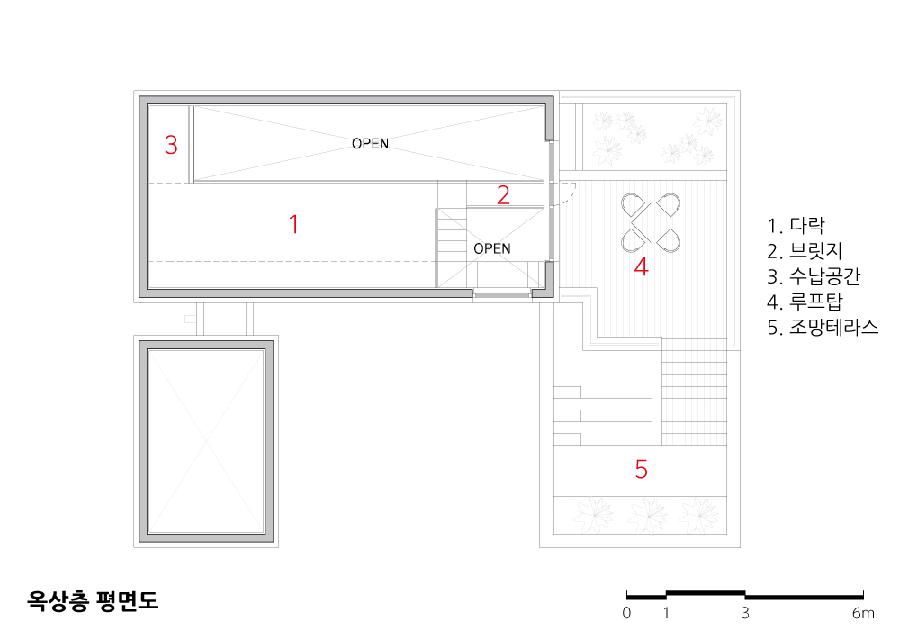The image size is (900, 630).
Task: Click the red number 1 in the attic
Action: pyautogui.click(x=294, y=224)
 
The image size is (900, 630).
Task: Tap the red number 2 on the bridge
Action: pyautogui.click(x=503, y=195)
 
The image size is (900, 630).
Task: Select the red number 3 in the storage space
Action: pyautogui.click(x=171, y=145)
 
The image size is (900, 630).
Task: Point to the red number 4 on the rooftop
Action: pyautogui.click(x=641, y=266)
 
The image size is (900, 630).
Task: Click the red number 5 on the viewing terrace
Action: pyautogui.click(x=641, y=469)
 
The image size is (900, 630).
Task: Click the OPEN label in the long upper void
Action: pyautogui.click(x=370, y=143)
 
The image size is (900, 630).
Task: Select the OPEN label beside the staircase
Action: pyautogui.click(x=492, y=248)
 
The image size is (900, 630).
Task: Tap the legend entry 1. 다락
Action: pyautogui.click(x=796, y=225)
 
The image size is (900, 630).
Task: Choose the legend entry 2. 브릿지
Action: pyautogui.click(x=805, y=251)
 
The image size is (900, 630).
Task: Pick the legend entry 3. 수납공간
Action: pyautogui.click(x=814, y=276)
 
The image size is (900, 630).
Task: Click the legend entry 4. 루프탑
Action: pyautogui.click(x=805, y=301)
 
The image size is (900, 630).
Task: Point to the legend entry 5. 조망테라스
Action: pyautogui.click(x=823, y=327)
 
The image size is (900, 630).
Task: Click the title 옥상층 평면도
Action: pyautogui.click(x=93, y=600)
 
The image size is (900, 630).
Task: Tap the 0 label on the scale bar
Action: pyautogui.click(x=626, y=613)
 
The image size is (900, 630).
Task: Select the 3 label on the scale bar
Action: pyautogui.click(x=745, y=613)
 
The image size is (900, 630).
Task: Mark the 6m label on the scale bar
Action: pyautogui.click(x=863, y=613)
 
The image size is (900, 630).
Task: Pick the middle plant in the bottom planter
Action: pyautogui.click(x=647, y=515)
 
